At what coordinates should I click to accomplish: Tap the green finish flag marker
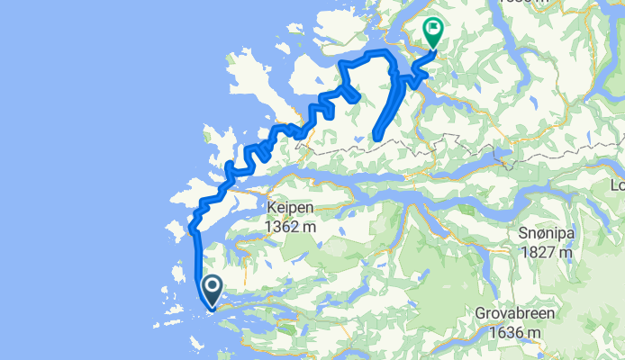point(434,32)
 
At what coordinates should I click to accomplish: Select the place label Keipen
point(289,208)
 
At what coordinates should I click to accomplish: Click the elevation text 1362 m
point(289,227)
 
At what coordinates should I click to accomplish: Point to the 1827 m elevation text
point(547,252)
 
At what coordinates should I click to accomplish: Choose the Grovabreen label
point(517,315)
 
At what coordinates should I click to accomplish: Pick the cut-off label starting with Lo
point(617,186)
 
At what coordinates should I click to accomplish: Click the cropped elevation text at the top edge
point(528,3)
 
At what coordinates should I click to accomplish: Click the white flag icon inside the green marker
point(434,30)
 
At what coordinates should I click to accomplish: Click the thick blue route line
point(197,261)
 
